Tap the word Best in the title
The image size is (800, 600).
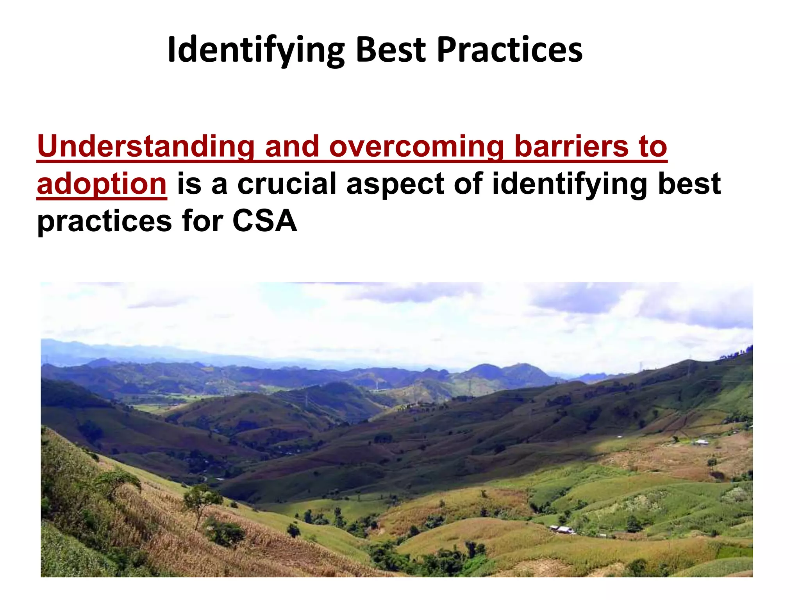[x=391, y=50]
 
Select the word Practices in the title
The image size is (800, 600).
[x=510, y=50]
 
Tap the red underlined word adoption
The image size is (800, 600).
[x=102, y=184]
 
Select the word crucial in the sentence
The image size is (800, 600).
[x=287, y=184]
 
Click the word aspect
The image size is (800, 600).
[x=395, y=184]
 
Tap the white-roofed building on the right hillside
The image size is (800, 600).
[x=701, y=442]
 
